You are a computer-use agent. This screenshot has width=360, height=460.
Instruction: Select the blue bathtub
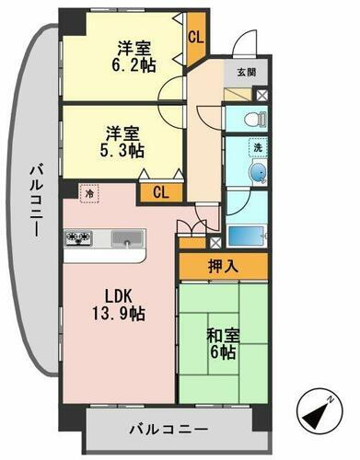[248, 236]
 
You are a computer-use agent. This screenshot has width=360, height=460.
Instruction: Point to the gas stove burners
[79, 238]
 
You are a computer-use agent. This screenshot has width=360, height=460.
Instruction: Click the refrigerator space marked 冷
[90, 194]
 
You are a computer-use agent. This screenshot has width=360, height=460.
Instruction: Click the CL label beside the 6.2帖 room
[195, 38]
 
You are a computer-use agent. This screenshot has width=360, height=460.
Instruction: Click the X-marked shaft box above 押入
[215, 243]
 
